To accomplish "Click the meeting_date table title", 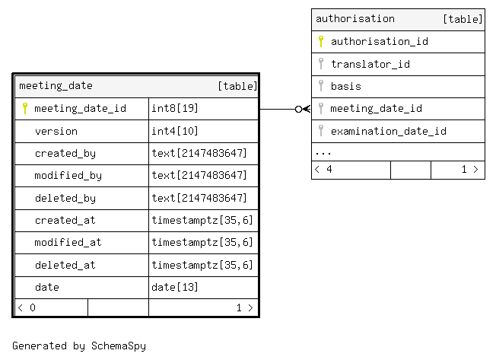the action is (56, 86).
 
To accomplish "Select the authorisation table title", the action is (355, 19).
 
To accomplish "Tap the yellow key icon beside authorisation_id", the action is (321, 41).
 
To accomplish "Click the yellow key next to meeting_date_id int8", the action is (25, 109).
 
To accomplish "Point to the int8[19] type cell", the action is (175, 109).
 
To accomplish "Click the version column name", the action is (56, 131).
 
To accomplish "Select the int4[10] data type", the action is (175, 131).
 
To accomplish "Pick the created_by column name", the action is (65, 154).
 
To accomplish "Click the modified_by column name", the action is (68, 176).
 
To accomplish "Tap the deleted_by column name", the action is (65, 199).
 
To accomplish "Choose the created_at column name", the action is (65, 220).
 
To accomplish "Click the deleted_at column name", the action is (65, 265).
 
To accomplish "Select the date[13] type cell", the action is (175, 287).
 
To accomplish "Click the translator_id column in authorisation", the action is (370, 64).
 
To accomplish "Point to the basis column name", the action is (345, 86).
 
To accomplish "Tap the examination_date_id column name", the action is (389, 131).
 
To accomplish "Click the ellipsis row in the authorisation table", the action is (323, 154).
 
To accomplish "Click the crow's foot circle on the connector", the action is (298, 109).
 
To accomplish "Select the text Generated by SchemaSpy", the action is (79, 346).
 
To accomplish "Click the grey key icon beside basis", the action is (321, 86).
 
